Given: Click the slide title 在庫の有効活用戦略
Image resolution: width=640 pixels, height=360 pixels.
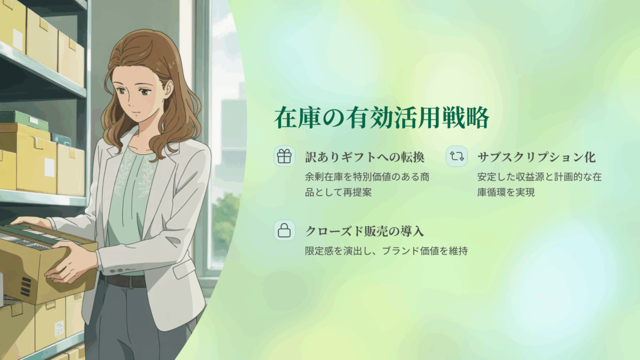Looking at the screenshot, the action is [x=382, y=118].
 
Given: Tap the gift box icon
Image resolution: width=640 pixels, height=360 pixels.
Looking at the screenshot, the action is [x=284, y=156].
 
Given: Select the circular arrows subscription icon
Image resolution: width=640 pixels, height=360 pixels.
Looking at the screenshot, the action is [x=457, y=156].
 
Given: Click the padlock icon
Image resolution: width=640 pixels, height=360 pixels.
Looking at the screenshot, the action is [x=284, y=230].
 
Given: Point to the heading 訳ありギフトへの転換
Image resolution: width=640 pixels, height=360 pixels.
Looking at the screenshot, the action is [x=365, y=157].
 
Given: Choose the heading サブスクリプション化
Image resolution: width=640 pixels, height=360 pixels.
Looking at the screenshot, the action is [x=537, y=157].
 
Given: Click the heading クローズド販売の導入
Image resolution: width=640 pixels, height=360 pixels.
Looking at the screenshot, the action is [x=364, y=231].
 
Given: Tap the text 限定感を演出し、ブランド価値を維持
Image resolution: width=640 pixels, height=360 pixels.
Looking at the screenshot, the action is [x=386, y=251].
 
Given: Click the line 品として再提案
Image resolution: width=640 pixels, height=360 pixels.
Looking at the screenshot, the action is [x=338, y=193].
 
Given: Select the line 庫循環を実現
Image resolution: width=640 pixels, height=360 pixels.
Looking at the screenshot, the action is [x=506, y=193].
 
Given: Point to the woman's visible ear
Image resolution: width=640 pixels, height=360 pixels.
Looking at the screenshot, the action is [x=169, y=89].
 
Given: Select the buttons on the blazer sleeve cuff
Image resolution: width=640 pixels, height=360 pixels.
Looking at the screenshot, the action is [x=118, y=270].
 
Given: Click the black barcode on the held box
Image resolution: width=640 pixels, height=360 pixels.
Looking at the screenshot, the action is [x=26, y=286].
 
